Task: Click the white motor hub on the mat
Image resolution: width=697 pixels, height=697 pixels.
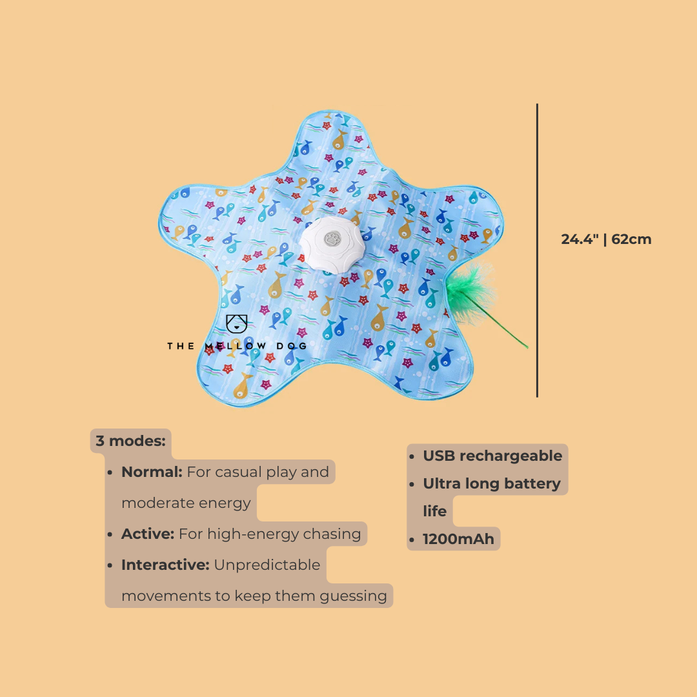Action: (332, 243)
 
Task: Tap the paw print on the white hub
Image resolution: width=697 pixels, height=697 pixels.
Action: (332, 239)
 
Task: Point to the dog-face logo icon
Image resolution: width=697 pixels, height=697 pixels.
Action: (236, 324)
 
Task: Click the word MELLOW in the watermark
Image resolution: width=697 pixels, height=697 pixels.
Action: (236, 347)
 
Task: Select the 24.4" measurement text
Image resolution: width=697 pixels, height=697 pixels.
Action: (580, 239)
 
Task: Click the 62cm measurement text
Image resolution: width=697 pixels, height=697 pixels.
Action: (631, 239)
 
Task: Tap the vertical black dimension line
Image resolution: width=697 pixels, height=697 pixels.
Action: (537, 250)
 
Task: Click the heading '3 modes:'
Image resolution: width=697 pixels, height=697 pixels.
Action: (130, 441)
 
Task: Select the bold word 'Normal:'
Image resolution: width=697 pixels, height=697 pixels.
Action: (152, 472)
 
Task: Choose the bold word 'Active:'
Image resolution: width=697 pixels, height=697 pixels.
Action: (148, 534)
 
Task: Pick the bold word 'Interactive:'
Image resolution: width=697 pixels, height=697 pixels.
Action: (165, 565)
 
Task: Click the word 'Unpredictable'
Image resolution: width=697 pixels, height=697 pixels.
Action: (267, 565)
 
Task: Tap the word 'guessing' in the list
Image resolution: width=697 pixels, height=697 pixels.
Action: (354, 596)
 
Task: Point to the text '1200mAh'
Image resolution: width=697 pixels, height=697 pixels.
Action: (458, 539)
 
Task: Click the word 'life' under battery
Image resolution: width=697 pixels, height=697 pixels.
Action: (435, 511)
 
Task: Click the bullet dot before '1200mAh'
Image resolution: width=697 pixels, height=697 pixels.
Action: (412, 540)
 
